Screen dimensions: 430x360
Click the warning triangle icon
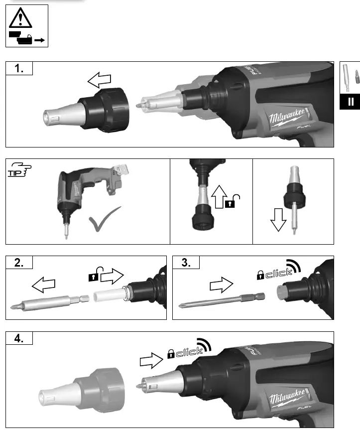pos(20,18)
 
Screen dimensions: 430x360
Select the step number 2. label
pos(19,264)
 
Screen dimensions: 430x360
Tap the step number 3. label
pos(186,264)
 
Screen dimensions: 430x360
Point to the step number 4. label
pos(19,339)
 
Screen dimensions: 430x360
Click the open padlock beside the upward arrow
pos(233,202)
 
